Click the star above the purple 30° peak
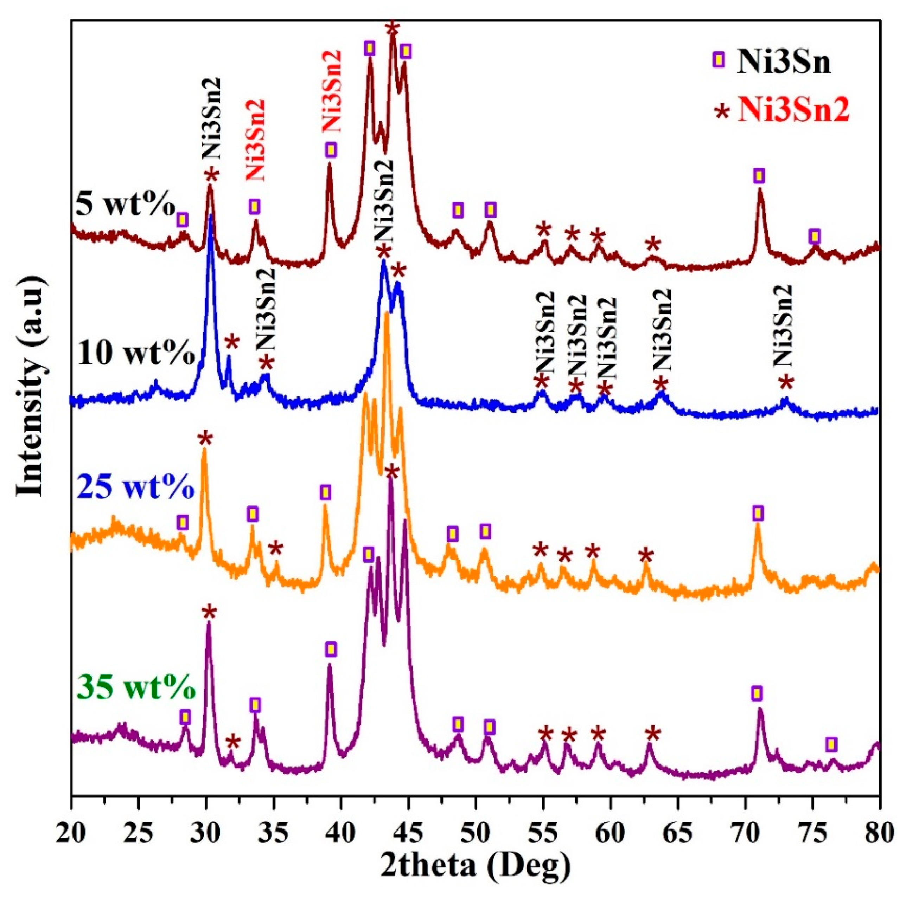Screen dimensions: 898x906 point(209,612)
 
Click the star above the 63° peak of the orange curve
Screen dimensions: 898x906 point(646,555)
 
